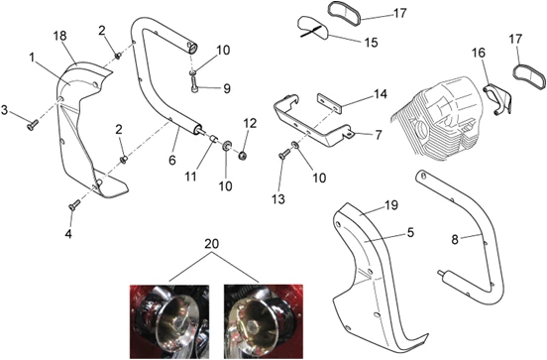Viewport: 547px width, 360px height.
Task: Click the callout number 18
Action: click(x=60, y=36)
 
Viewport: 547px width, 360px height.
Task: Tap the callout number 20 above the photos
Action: click(x=211, y=244)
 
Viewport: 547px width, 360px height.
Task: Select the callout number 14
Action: click(x=381, y=94)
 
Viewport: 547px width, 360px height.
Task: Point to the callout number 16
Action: click(x=479, y=53)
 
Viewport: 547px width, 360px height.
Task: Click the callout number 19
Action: click(x=391, y=205)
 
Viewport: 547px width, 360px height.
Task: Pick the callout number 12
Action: click(x=250, y=123)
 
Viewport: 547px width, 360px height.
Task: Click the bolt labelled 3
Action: click(x=32, y=125)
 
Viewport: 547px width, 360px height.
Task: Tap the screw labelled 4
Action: click(x=74, y=205)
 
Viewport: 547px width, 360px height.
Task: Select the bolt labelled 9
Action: click(x=194, y=84)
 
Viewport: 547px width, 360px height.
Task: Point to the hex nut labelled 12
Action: click(x=242, y=155)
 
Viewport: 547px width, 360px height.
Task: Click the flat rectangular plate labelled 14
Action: click(x=329, y=103)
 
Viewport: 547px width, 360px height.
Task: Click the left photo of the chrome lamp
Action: click(x=169, y=321)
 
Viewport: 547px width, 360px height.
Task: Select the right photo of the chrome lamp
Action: click(x=264, y=321)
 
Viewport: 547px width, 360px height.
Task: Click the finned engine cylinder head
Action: click(x=437, y=117)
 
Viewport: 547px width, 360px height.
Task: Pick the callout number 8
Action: click(x=455, y=240)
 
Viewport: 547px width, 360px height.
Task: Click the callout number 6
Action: click(x=172, y=161)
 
